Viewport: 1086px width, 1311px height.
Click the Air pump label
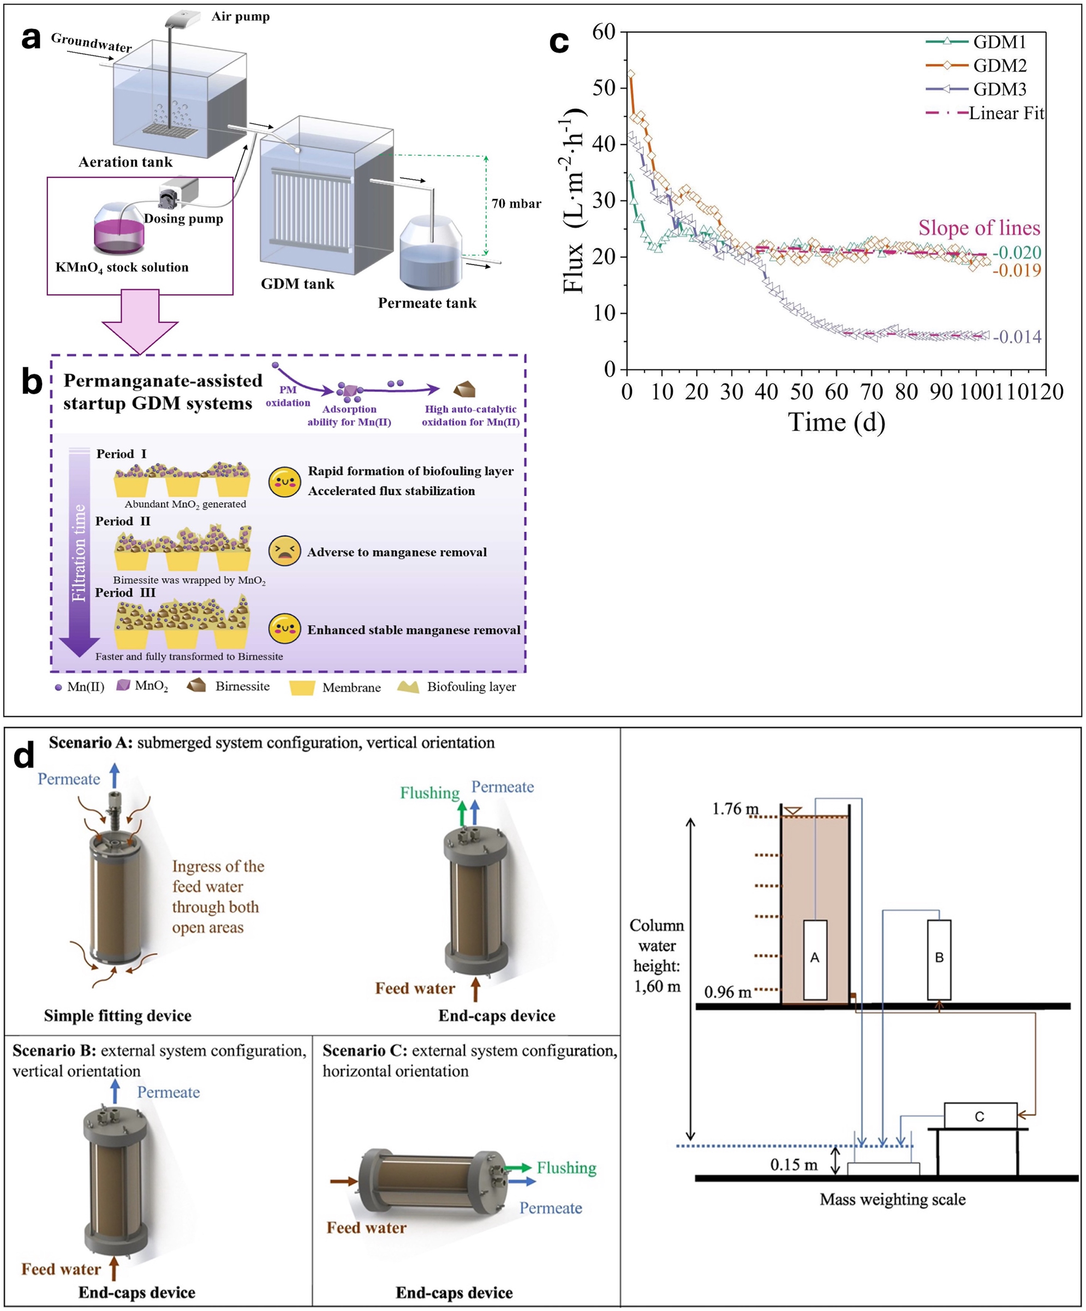pos(240,17)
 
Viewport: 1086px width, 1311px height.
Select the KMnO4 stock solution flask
pos(118,229)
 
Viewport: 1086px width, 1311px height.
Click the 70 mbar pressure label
pos(516,204)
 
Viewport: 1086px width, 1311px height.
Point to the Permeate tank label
pos(427,303)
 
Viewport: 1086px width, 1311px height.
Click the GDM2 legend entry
pos(999,65)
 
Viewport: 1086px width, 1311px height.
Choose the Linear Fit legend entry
pos(1005,113)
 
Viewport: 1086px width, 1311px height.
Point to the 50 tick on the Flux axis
pos(604,87)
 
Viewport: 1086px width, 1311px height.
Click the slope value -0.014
pos(1017,337)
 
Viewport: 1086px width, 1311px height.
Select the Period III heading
pos(126,592)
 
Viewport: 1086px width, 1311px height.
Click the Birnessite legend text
pos(242,686)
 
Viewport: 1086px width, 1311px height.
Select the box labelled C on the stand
pos(980,1116)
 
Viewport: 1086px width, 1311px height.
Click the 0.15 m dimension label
pos(793,1165)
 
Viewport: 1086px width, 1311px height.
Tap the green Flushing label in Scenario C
pos(566,1168)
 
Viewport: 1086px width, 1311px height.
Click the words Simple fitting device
pos(118,1016)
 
